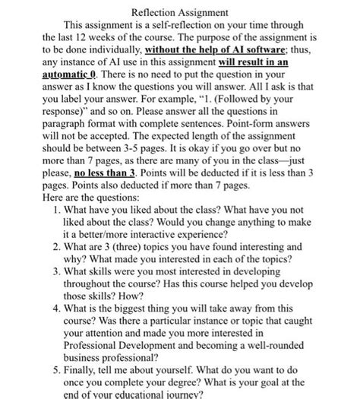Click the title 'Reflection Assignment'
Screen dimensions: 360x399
pyautogui.click(x=179, y=13)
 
